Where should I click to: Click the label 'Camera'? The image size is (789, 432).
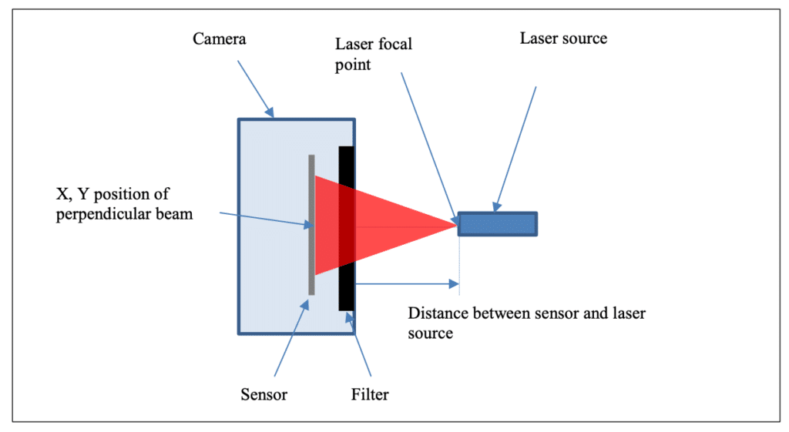point(219,38)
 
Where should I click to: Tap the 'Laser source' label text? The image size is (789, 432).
point(562,38)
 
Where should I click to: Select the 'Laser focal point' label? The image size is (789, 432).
point(373,54)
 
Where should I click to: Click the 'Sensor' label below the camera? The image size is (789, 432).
point(263,395)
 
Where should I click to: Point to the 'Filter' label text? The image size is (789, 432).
point(370,395)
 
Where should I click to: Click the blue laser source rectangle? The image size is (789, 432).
point(498,223)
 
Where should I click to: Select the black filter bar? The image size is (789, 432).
point(346,293)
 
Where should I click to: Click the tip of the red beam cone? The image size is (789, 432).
point(455,224)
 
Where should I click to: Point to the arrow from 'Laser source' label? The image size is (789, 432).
point(515,146)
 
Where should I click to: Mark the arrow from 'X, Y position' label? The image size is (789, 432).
point(262,219)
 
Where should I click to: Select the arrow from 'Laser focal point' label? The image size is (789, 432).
point(428,146)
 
